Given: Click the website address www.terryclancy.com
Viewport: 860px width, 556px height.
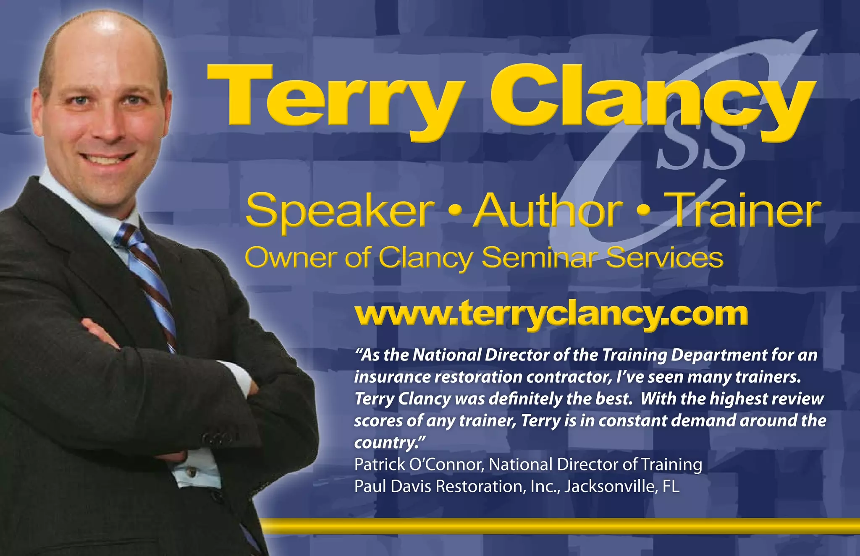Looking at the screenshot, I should (x=551, y=314).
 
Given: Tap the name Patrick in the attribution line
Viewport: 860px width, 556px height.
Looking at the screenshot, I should (x=379, y=465).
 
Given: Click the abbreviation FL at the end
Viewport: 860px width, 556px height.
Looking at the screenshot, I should (x=670, y=486).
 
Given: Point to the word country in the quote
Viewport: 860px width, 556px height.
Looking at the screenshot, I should (x=387, y=443).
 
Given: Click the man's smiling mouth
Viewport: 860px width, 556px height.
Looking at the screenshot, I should (x=107, y=159).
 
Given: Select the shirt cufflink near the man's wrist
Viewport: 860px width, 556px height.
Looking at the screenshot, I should (x=191, y=472).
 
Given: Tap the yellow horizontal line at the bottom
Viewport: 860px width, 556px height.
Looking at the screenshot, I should (x=558, y=526).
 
